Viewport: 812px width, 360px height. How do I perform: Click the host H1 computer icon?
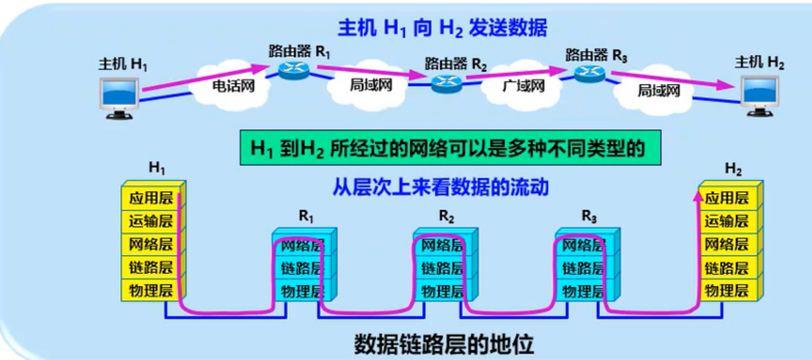(120, 98)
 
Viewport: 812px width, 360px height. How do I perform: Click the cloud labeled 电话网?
(229, 88)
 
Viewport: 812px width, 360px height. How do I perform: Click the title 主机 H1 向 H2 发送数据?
(442, 28)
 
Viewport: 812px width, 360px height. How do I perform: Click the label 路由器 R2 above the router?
(455, 64)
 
